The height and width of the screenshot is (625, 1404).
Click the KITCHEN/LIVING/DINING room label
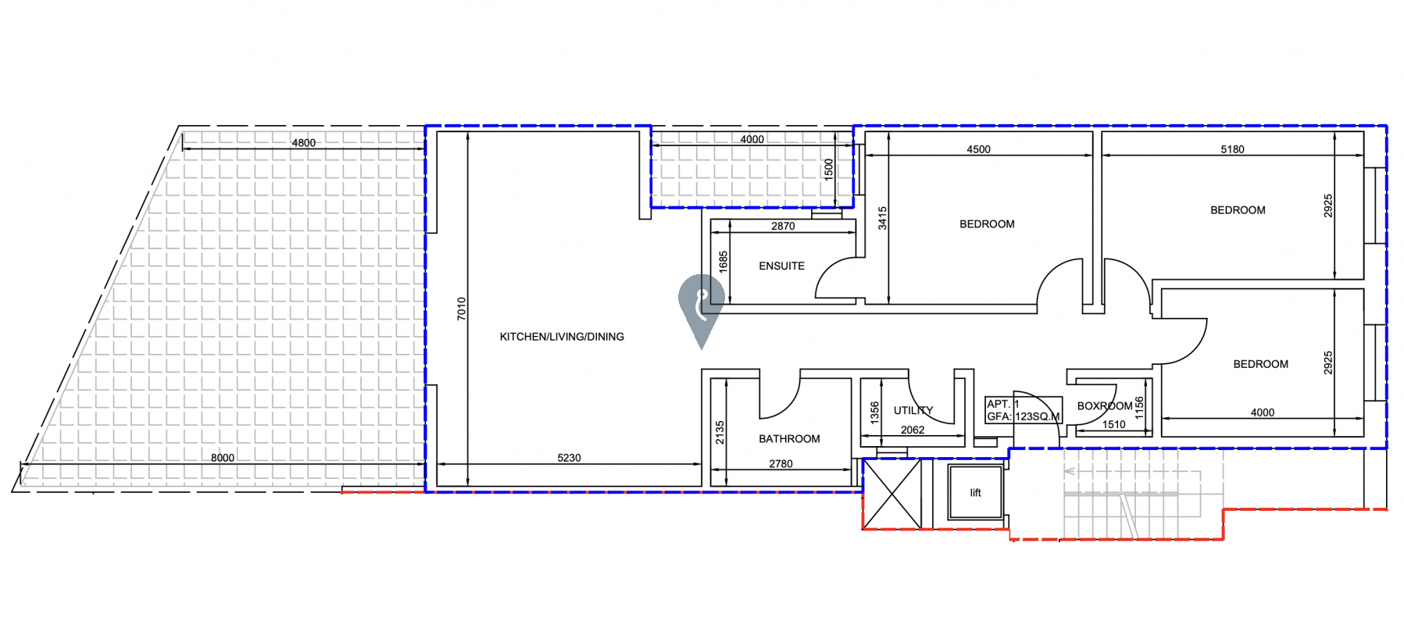(562, 337)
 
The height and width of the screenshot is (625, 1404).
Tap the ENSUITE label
(781, 266)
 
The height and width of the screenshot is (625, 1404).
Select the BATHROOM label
(789, 439)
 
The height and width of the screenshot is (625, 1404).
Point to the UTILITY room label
(913, 410)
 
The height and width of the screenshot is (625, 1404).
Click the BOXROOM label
(1105, 406)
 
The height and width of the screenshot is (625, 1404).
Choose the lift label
(975, 493)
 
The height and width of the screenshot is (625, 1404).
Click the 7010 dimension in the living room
(461, 309)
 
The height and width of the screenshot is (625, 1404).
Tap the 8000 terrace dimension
(223, 458)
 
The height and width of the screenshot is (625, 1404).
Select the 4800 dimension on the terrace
(304, 143)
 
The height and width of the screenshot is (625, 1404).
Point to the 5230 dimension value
(569, 458)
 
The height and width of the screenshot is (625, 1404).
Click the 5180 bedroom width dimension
(1232, 149)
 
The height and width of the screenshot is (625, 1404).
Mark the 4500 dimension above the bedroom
(978, 149)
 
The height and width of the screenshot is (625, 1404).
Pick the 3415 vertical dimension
(882, 218)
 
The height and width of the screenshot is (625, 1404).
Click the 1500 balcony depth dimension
(829, 170)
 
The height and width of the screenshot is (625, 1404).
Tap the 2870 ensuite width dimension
(783, 227)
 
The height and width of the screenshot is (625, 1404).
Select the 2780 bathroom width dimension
(781, 464)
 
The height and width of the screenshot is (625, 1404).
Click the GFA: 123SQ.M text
(1024, 416)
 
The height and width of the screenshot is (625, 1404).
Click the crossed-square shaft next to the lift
(892, 494)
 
